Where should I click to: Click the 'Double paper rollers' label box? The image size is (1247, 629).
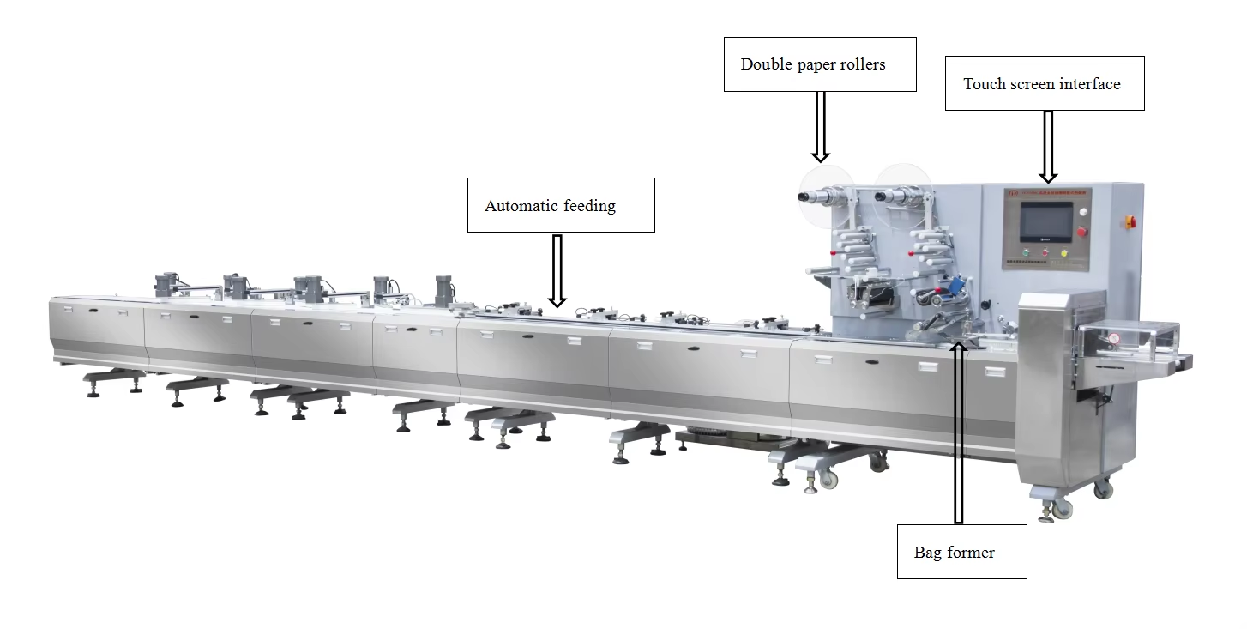820,64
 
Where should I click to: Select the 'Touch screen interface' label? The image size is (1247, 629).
1044,83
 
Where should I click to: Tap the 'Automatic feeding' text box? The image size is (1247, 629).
560,205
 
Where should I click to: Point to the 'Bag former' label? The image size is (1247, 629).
961,552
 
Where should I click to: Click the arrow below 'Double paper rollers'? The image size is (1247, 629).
821,126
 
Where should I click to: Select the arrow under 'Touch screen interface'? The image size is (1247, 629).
1047,146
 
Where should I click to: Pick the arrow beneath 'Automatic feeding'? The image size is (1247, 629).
557,270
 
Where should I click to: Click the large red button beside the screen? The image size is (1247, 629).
1082,231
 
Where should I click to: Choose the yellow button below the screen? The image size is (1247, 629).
1064,253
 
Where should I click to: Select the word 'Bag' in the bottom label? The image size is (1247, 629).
928,552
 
